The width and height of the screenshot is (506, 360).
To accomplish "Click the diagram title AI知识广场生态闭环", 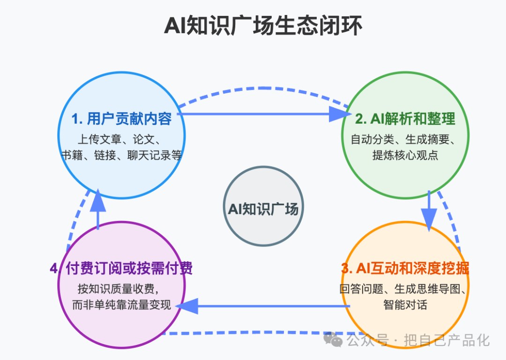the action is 263,25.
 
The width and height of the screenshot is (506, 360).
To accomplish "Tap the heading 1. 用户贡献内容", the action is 122,119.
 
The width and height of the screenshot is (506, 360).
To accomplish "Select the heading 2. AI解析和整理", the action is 405,119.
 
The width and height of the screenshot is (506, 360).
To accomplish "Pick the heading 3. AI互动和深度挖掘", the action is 405,268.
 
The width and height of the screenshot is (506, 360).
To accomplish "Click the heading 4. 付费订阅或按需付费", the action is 121,268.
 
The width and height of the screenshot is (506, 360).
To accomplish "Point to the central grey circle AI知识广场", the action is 263,206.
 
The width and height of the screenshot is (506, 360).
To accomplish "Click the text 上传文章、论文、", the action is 119,140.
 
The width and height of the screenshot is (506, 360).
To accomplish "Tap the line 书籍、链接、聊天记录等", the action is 122,155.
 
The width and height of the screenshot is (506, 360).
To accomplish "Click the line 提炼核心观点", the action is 405,155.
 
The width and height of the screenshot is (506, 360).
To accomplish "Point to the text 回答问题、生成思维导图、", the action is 403,289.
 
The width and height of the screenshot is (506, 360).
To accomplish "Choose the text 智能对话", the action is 405,305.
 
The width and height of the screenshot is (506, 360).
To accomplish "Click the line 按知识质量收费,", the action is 119,289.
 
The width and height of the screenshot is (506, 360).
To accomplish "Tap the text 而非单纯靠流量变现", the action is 121,305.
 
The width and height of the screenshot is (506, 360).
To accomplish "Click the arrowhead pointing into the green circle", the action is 340,114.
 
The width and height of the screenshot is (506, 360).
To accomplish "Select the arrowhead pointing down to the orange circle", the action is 429,220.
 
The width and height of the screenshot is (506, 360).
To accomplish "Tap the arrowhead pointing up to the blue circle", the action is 98,200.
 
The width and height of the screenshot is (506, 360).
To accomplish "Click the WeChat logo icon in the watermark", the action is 333,339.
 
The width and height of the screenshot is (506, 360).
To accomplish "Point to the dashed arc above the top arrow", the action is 263,88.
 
